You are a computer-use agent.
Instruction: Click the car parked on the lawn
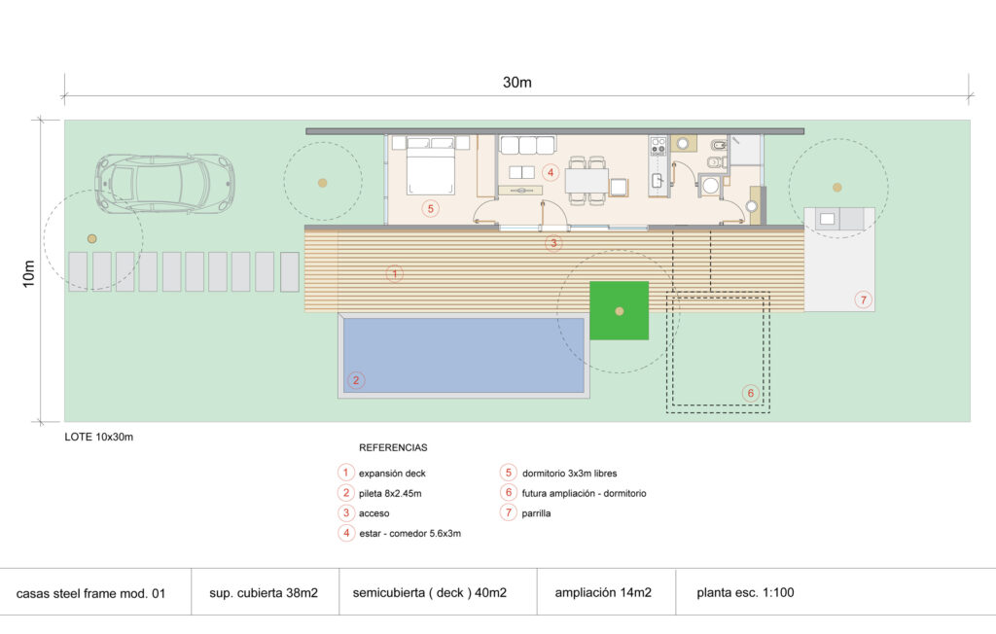(x=164, y=182)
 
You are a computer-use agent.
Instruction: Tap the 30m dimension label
(x=516, y=83)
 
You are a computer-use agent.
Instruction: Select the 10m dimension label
(x=29, y=272)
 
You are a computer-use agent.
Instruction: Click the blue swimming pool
(x=463, y=355)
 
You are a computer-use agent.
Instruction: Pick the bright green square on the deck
(x=619, y=310)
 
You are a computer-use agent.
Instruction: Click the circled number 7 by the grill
(x=863, y=299)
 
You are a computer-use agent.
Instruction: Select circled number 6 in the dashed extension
(x=749, y=393)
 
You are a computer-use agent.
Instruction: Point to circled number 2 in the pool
(x=357, y=380)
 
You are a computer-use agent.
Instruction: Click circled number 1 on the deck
(x=394, y=273)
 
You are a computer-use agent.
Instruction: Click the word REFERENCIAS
(x=393, y=448)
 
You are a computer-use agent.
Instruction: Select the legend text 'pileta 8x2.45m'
(x=390, y=493)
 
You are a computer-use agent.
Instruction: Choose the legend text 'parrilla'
(x=537, y=513)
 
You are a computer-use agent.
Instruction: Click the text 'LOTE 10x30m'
(x=99, y=437)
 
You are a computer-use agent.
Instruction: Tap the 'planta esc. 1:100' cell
(x=745, y=592)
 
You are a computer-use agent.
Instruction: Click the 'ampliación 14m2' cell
(x=602, y=592)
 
